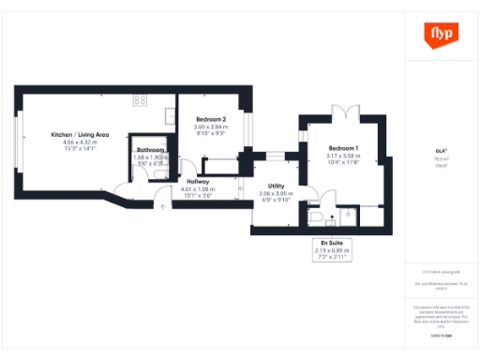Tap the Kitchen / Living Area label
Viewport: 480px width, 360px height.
tap(80, 135)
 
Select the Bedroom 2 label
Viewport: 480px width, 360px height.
tap(211, 120)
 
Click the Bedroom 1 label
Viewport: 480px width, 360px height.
tap(343, 149)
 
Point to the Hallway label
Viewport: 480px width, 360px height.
tap(198, 181)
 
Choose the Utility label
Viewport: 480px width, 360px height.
tap(276, 186)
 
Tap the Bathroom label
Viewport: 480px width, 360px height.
tap(151, 150)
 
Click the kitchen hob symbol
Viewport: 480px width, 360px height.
tap(141, 98)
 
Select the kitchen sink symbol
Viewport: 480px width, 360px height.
tap(169, 116)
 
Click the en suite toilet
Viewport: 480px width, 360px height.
tap(317, 217)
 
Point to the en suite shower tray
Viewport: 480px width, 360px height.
tap(349, 216)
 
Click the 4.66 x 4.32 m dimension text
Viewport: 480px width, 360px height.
tap(80, 142)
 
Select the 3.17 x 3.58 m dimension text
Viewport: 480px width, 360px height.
tap(343, 157)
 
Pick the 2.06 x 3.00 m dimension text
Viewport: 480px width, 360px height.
tap(276, 193)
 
